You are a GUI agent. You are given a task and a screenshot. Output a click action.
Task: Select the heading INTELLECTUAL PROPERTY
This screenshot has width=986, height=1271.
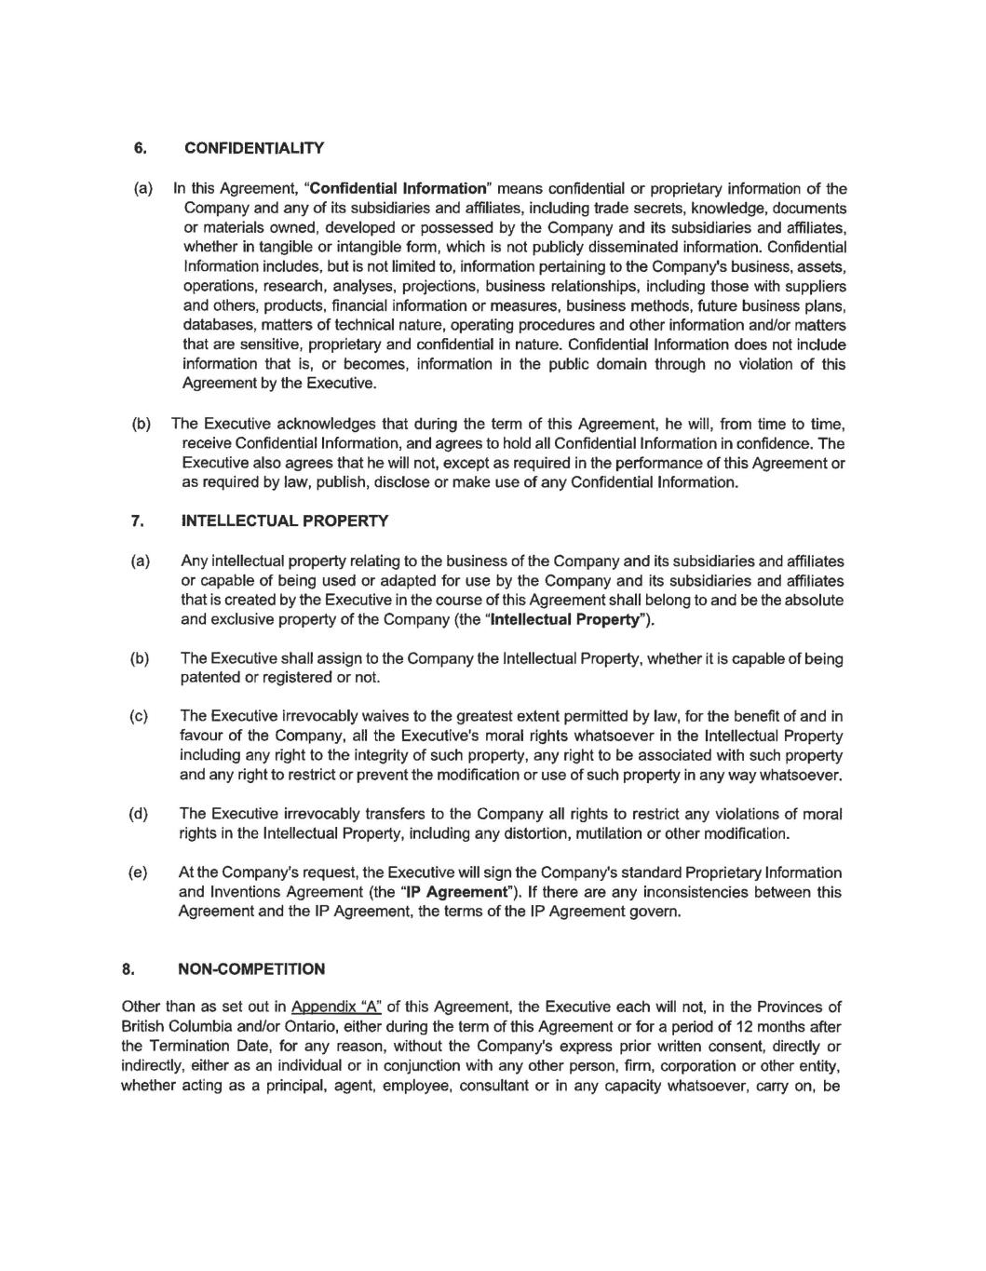pyautogui.click(x=285, y=521)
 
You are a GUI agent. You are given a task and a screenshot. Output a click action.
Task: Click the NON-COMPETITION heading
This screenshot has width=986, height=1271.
pyautogui.click(x=251, y=969)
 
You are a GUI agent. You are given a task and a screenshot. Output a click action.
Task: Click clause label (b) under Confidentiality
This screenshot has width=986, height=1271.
pyautogui.click(x=142, y=425)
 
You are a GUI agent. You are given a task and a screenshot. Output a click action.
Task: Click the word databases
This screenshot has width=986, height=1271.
pyautogui.click(x=218, y=325)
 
